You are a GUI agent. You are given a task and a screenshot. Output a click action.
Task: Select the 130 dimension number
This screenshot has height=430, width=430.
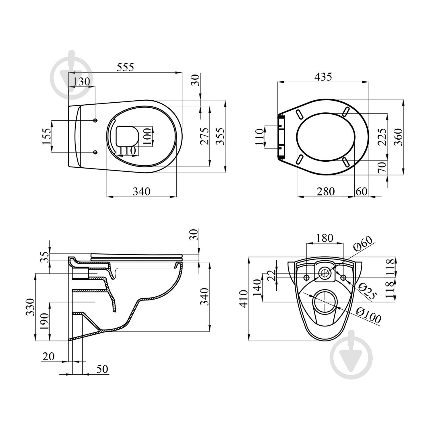tap(81, 82)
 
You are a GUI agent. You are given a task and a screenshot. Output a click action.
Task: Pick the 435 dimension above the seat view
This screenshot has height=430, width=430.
tap(323, 77)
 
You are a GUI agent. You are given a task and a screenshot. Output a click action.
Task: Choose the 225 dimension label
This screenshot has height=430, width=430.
tap(382, 137)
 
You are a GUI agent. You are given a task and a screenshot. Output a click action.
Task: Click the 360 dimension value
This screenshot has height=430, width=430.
tap(398, 137)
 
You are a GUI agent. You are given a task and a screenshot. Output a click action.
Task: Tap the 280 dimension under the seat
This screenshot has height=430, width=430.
tap(326, 191)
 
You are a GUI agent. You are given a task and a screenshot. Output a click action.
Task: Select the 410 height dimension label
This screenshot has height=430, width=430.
tap(244, 299)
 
